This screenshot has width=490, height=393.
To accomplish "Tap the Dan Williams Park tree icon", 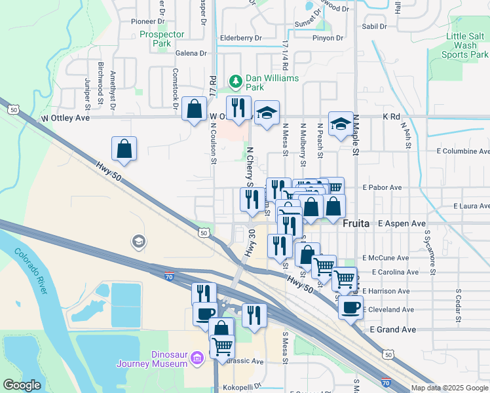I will [x=236, y=81].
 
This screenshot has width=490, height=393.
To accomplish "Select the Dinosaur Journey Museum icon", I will [x=197, y=358].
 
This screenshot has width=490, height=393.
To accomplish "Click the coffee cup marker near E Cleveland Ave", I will [x=350, y=306].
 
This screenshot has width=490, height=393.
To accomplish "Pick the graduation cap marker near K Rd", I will [x=341, y=124].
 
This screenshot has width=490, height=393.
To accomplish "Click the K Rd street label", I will [x=391, y=117].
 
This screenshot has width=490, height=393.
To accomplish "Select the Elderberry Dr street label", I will [x=240, y=38].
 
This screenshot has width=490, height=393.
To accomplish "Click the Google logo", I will [x=22, y=384].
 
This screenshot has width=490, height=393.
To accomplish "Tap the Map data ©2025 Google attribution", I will [x=449, y=388].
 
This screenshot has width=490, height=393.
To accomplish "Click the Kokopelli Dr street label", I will [x=242, y=386].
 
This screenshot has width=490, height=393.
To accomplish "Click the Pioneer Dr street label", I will [x=147, y=21].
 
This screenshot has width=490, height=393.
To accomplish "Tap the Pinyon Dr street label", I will [x=328, y=38].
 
